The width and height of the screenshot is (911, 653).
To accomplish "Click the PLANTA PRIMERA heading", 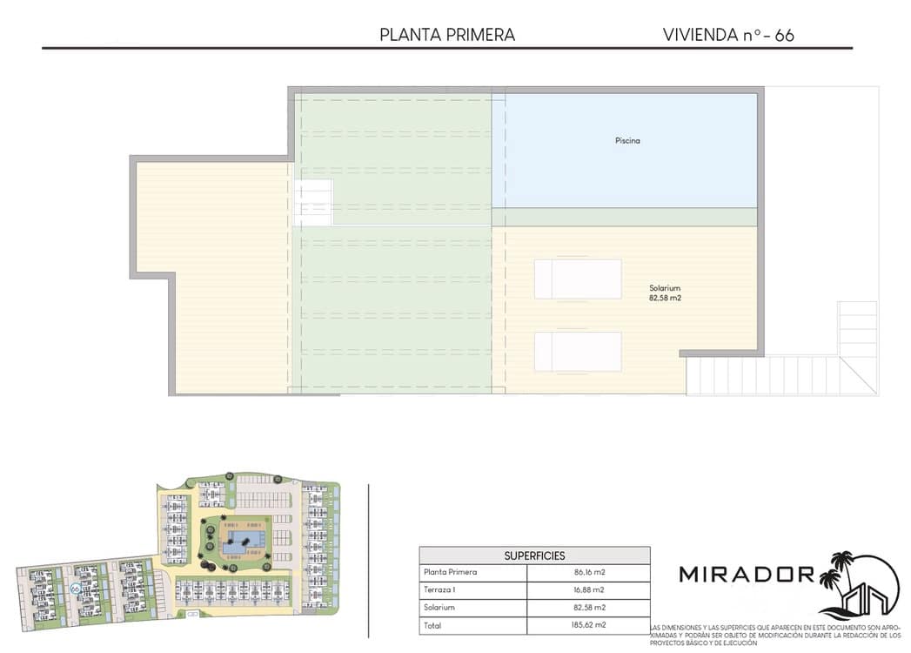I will (447, 35).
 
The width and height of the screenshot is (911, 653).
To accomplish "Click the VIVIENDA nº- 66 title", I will (728, 35).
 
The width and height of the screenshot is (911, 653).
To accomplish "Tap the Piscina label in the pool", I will (626, 140).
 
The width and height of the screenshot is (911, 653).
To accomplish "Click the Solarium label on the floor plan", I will (664, 288).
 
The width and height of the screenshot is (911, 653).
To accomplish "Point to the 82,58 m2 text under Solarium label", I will (664, 299).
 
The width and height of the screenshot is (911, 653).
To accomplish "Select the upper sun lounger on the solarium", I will (578, 279).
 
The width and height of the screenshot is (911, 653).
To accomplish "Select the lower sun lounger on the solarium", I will (578, 351).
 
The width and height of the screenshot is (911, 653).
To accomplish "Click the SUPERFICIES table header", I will (534, 555).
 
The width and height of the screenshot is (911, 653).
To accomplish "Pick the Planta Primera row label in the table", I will (450, 573).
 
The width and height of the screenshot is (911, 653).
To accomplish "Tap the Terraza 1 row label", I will (441, 590).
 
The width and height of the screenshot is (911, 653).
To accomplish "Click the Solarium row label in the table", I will (439, 608).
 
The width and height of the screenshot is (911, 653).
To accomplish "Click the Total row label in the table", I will (432, 625).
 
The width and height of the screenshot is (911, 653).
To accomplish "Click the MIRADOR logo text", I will (747, 575).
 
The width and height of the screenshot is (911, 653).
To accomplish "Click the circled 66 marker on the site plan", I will (76, 589).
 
